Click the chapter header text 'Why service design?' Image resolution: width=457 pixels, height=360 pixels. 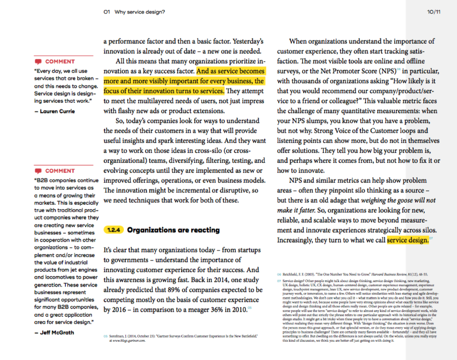(x=139, y=12)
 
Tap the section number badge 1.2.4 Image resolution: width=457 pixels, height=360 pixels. (x=113, y=230)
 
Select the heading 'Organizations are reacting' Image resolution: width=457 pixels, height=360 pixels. (x=173, y=230)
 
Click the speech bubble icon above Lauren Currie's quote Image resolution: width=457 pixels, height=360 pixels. (x=38, y=61)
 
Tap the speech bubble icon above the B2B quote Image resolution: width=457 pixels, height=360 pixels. (x=38, y=171)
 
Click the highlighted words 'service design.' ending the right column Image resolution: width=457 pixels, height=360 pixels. (x=407, y=240)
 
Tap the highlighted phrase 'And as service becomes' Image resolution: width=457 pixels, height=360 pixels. (x=230, y=71)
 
